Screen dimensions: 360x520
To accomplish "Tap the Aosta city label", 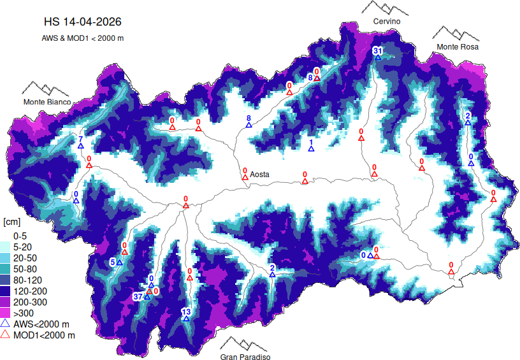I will click(259, 174).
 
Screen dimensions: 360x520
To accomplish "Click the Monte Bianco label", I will click(47, 102).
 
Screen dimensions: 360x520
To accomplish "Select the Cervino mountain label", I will click(387, 22).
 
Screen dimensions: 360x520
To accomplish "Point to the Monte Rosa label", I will click(457, 47).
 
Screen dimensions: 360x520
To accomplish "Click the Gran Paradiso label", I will click(245, 357).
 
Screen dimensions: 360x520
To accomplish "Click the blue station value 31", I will click(377, 50).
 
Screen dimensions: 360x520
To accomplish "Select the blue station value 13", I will click(186, 312).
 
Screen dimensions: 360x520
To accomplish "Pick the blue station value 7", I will click(81, 139).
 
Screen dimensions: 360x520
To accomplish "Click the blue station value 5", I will click(113, 262).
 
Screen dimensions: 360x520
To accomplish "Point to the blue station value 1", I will click(311, 142).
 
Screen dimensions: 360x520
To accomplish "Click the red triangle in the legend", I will click(6, 335).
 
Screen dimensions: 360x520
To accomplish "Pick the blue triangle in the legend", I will click(6, 324).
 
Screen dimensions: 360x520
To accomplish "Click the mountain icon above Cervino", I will click(386, 8).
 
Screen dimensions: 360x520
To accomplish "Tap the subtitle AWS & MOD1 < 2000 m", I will click(82, 38).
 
